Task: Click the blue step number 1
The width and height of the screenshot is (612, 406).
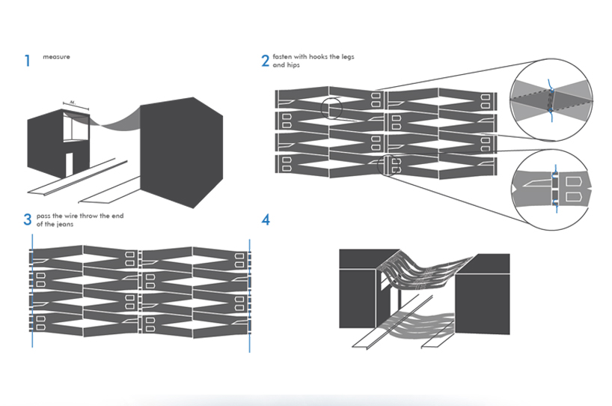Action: (x=28, y=60)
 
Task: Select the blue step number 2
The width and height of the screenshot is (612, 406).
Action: (x=265, y=60)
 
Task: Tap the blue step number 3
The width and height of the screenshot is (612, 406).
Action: (x=28, y=219)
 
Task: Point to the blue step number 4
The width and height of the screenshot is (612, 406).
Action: (x=265, y=220)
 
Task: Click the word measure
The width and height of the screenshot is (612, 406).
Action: (x=56, y=57)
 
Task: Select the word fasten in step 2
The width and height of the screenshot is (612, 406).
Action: (x=283, y=56)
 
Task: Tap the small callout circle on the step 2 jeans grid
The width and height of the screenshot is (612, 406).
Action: (x=331, y=109)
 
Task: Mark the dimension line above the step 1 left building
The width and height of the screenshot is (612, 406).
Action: (x=76, y=105)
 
